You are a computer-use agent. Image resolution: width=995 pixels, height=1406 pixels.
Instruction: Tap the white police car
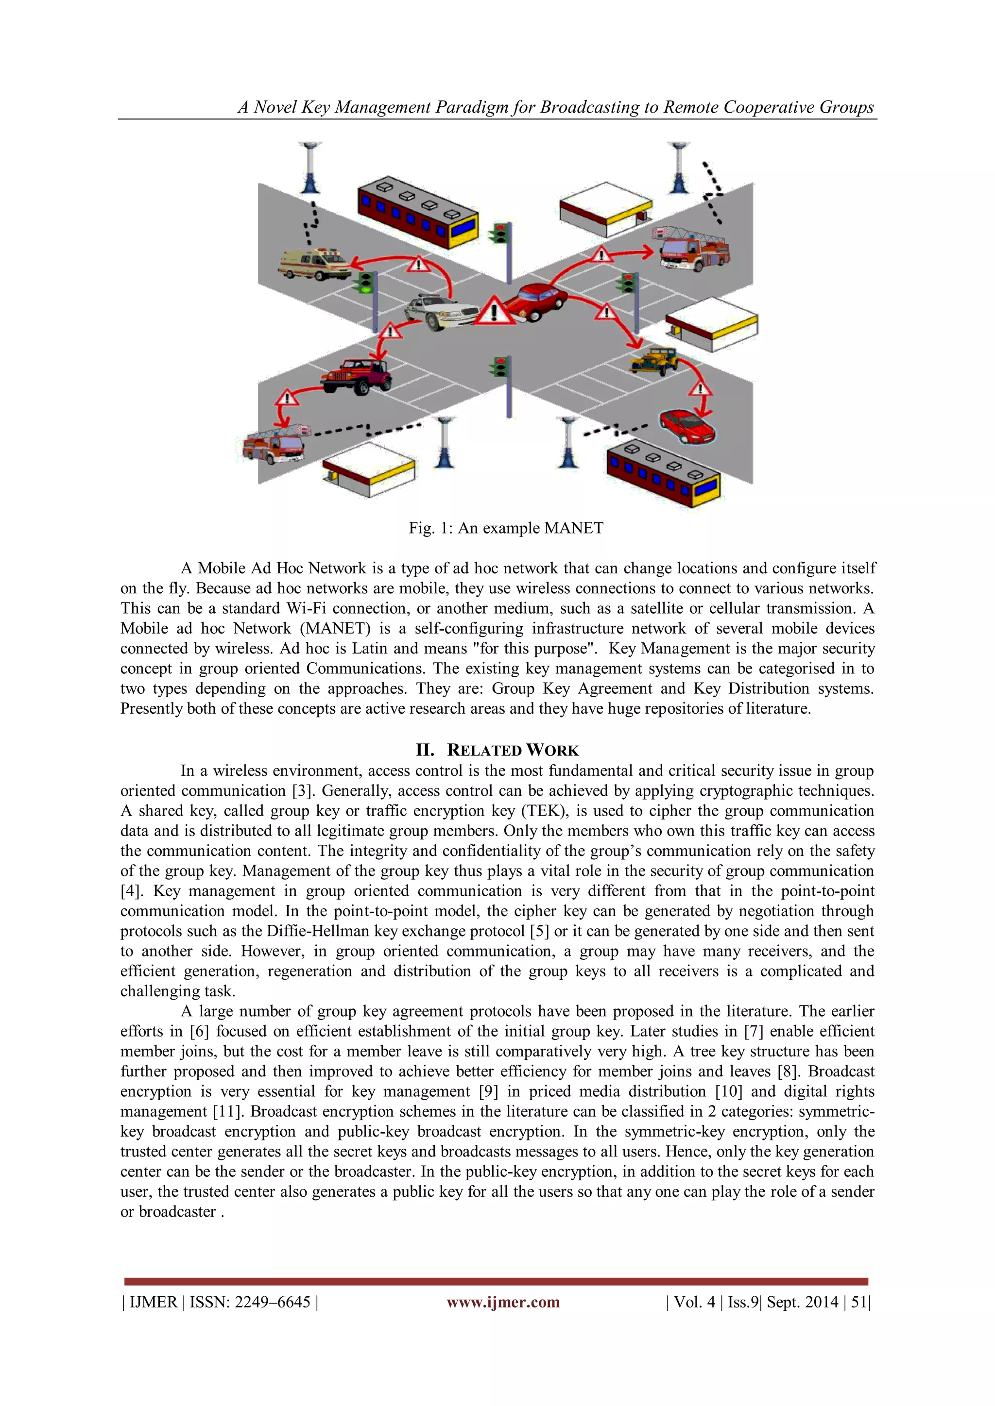(440, 312)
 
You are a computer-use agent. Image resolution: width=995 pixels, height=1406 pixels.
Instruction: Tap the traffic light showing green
(366, 283)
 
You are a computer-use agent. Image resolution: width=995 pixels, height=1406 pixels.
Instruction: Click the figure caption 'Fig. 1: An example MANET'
(506, 528)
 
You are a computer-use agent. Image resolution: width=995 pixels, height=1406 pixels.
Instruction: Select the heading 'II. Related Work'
(497, 750)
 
